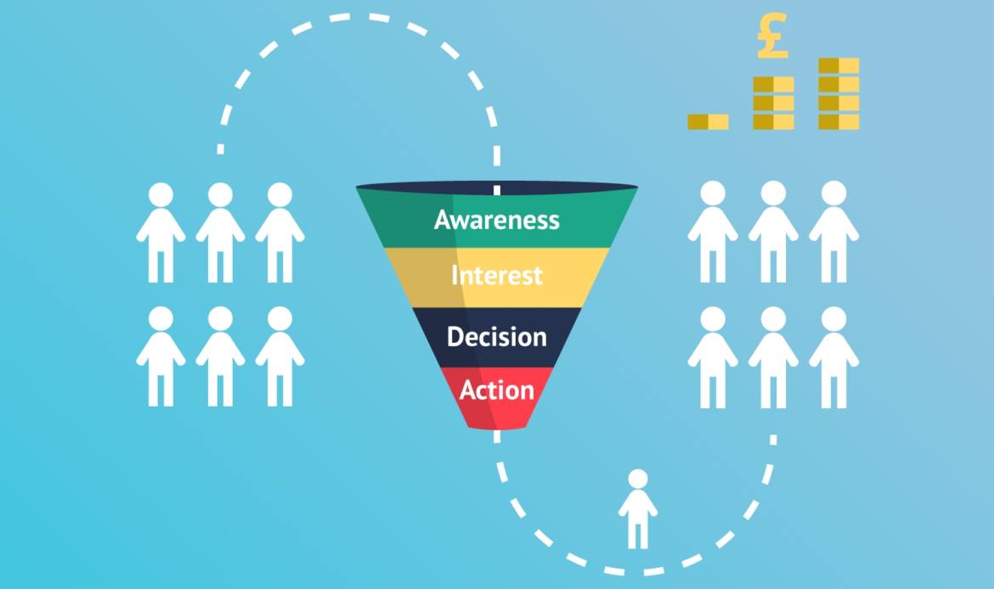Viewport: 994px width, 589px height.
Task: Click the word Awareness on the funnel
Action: pos(497,220)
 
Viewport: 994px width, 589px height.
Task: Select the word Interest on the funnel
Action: pos(497,276)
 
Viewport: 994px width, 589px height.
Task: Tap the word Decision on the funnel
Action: pos(497,337)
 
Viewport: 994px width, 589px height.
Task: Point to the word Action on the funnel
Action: pos(497,390)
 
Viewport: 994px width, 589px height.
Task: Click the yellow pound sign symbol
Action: pos(773,36)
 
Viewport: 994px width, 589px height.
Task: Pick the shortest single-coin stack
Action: pos(708,121)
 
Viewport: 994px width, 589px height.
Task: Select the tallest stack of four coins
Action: pos(839,93)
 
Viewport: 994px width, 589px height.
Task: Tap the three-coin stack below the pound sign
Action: pos(773,104)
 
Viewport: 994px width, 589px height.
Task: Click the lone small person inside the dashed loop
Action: pos(638,509)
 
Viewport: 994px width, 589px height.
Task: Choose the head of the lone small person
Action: pos(638,479)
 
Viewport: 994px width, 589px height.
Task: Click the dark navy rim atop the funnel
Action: pos(497,188)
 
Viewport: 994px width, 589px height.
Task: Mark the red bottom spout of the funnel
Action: pos(497,398)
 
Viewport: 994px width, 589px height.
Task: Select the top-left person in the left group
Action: pos(161,233)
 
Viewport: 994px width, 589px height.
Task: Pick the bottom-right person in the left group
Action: pos(280,356)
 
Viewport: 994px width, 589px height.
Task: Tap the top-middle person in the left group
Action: pos(221,233)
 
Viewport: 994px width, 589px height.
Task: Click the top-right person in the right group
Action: pos(833,232)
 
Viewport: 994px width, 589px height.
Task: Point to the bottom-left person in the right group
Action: pos(713,357)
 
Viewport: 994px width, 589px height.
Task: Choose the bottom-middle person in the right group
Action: pos(773,357)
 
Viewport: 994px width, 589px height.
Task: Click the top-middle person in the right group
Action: pos(773,232)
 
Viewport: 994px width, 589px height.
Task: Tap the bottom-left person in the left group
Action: pos(161,356)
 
